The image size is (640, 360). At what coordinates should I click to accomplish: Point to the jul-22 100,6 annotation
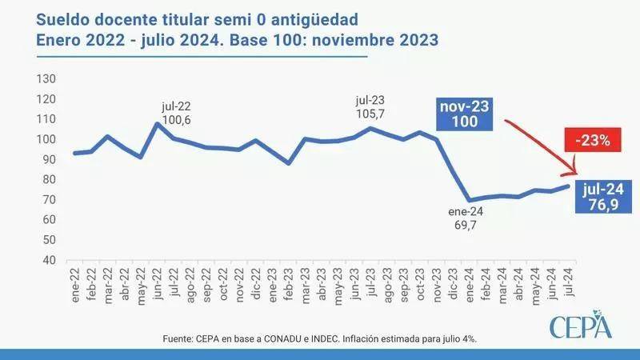click(175, 113)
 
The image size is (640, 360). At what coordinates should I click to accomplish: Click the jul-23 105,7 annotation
click(370, 108)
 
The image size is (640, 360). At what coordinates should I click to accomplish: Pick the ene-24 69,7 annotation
click(467, 219)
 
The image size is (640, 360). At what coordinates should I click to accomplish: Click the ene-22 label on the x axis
click(75, 283)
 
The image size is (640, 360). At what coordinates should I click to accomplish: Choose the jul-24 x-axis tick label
click(569, 283)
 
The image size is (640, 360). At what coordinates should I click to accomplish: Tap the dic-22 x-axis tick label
click(256, 283)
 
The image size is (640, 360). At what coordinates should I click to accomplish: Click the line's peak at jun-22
click(158, 123)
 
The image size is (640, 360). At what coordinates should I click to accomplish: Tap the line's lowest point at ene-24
click(470, 200)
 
